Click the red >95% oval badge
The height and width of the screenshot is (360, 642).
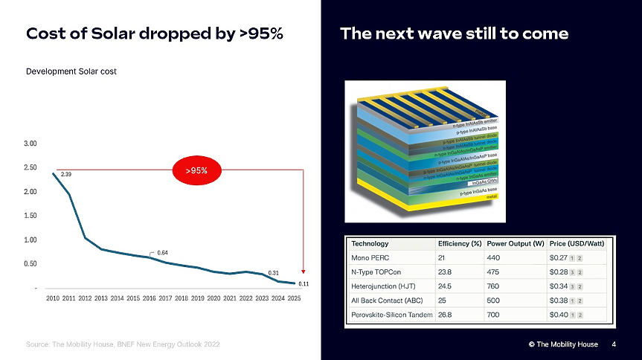coord(196,170)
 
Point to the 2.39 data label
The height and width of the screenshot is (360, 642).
coord(65,175)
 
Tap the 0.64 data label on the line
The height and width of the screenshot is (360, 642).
coord(161,253)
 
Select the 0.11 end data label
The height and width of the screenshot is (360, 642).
coord(304,284)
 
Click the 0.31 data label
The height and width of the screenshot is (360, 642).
coord(273,273)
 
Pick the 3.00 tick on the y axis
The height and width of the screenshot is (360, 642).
coord(31,143)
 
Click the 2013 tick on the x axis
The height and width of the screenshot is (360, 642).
coord(100,298)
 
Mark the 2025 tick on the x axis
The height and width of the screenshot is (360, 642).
coord(294,298)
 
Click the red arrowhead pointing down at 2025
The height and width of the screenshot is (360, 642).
coord(304,271)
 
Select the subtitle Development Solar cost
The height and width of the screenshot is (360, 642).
coord(71,71)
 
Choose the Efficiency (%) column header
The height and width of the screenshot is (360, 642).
coord(460,244)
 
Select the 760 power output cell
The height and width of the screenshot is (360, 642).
coord(495,286)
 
